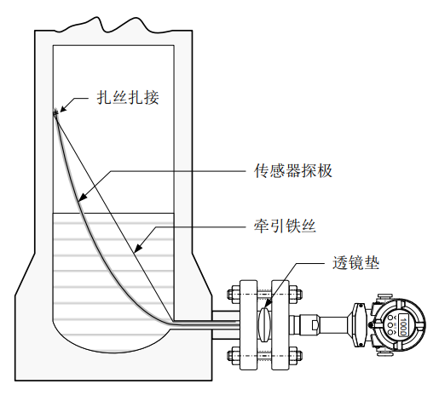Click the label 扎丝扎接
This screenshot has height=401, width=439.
[x=128, y=98]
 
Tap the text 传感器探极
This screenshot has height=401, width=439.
[x=293, y=170]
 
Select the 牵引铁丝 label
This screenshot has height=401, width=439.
[x=285, y=226]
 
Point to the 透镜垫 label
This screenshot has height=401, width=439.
[x=355, y=263]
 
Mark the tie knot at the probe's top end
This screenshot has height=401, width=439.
[x=55, y=112]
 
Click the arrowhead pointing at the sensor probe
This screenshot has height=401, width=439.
[x=83, y=196]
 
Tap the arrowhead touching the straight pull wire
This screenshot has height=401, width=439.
[x=139, y=247]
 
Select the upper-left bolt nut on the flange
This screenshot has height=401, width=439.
[x=233, y=294]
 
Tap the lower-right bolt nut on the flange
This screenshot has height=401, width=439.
[x=296, y=355]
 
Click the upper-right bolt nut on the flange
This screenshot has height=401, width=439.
[x=296, y=294]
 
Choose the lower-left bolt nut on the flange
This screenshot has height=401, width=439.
[x=233, y=355]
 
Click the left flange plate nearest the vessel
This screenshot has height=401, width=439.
[x=248, y=325]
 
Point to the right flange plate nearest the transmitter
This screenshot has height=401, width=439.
[x=280, y=325]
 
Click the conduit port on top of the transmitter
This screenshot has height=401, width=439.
[x=384, y=297]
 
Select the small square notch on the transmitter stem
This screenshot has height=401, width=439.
[x=315, y=325]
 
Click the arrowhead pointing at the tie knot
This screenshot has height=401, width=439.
[x=65, y=107]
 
